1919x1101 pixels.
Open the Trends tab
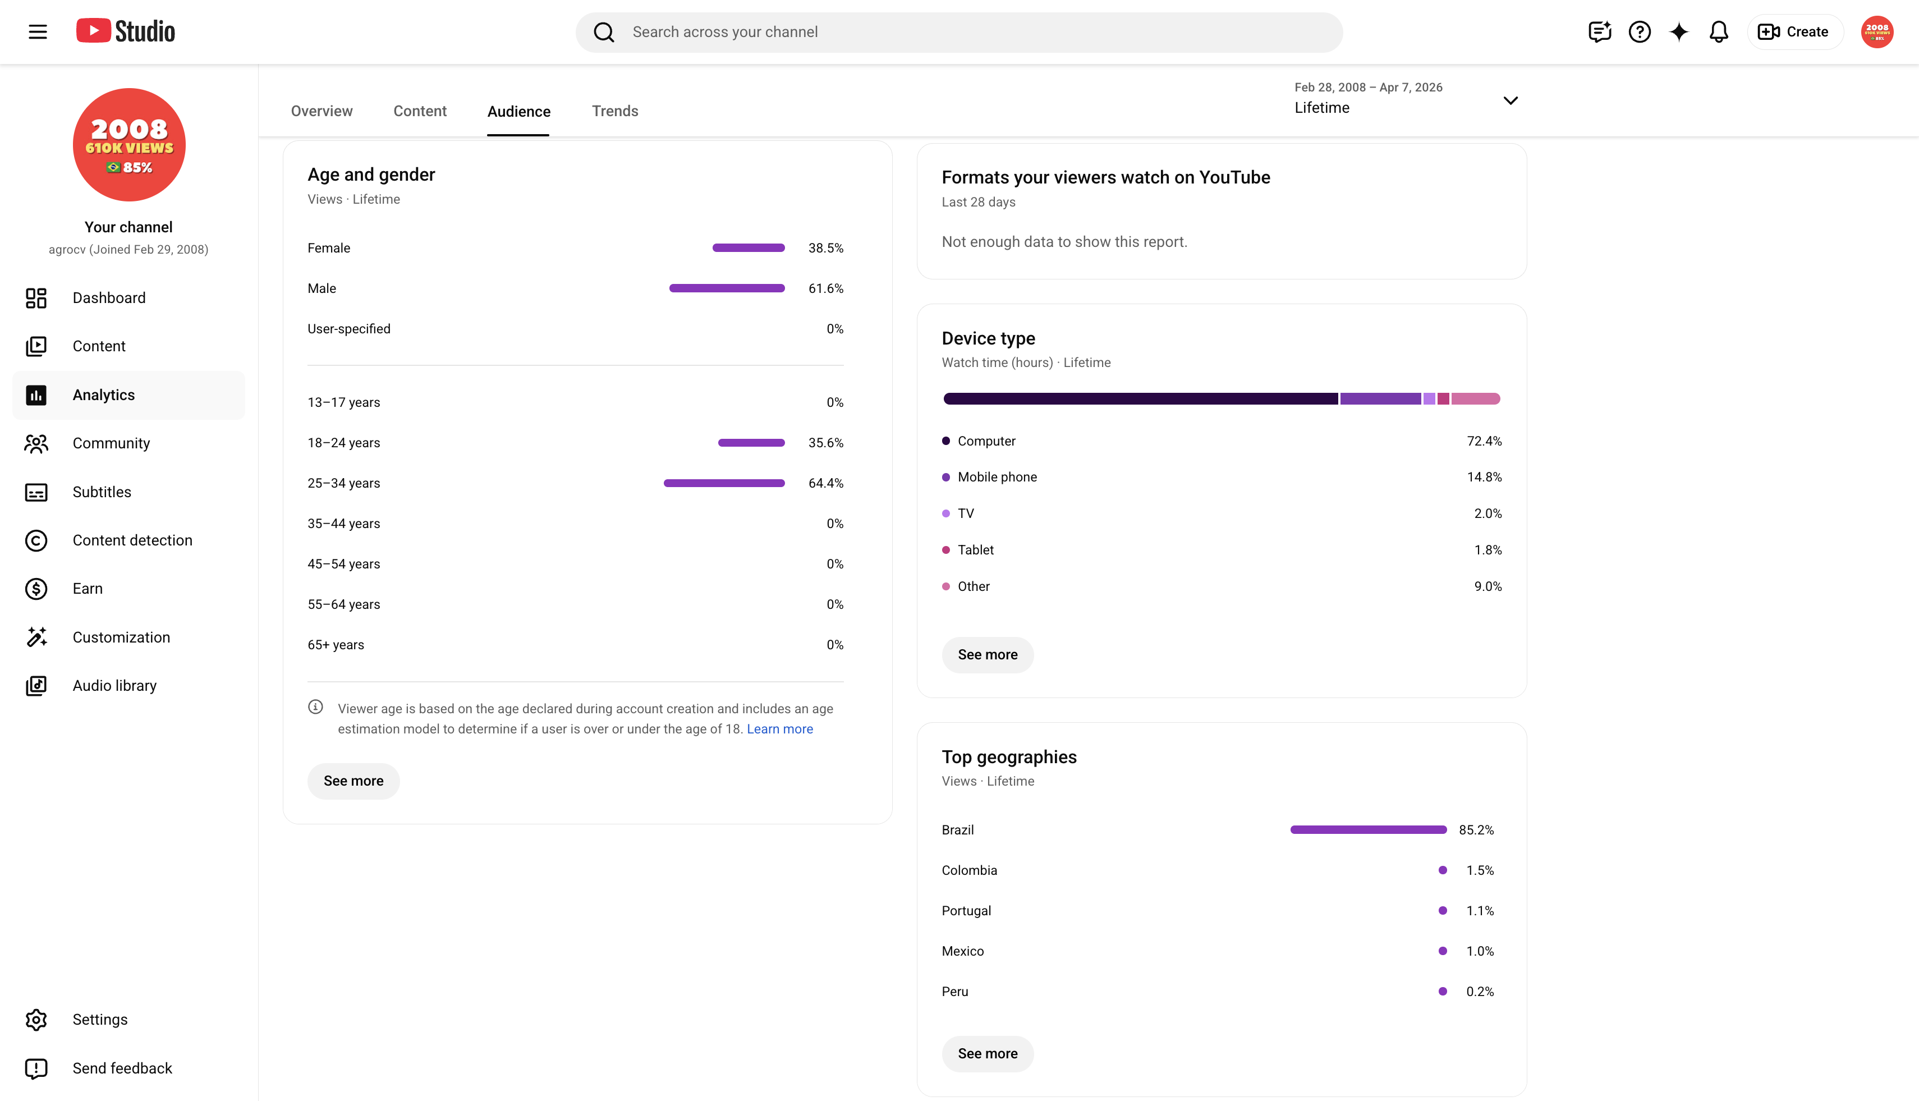click(x=615, y=111)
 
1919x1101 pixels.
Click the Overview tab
click(x=322, y=111)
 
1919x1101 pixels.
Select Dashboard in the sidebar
click(x=109, y=298)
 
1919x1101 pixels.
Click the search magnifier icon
click(x=603, y=32)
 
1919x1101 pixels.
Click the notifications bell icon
click(x=1719, y=32)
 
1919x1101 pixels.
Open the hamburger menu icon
click(x=38, y=32)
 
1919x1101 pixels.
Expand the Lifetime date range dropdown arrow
click(x=1510, y=100)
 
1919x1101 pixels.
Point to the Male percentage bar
click(x=727, y=288)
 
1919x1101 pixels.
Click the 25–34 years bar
click(x=724, y=483)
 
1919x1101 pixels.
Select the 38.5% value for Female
click(x=825, y=248)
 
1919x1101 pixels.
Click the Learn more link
click(x=779, y=729)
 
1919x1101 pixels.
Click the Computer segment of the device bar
click(x=1140, y=398)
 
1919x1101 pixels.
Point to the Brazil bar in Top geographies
click(x=1368, y=829)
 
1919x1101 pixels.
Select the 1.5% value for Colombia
click(x=1480, y=870)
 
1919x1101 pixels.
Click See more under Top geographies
click(x=988, y=1053)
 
